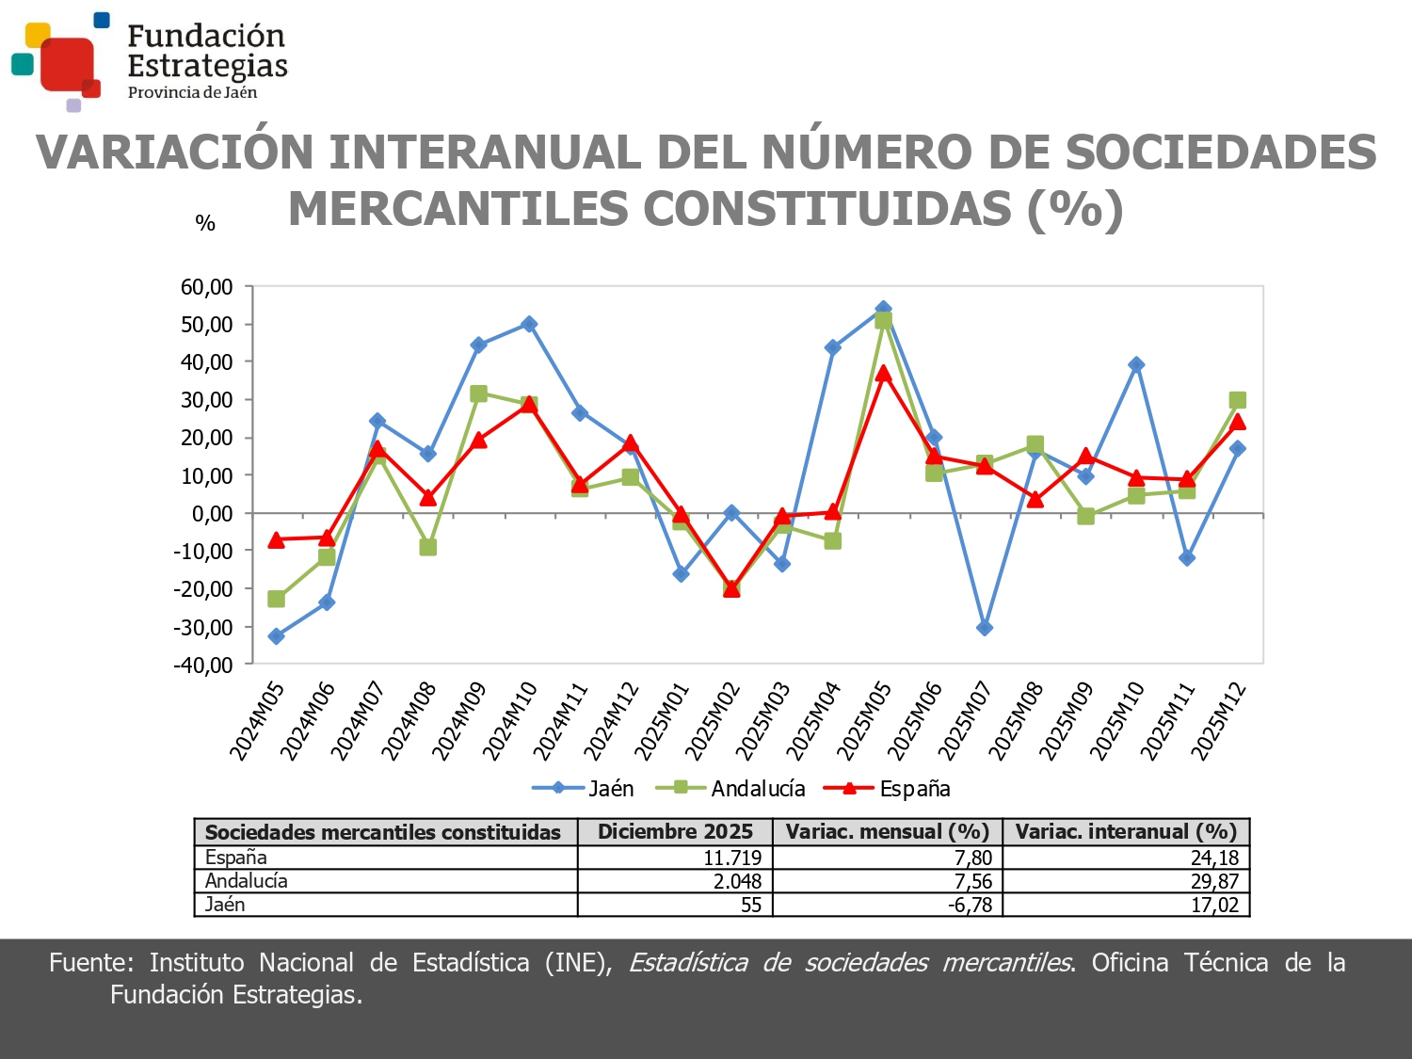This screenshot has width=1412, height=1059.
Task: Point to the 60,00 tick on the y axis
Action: pos(206,287)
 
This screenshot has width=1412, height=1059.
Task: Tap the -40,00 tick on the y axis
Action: pos(202,665)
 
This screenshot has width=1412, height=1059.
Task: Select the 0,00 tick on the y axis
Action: pos(212,514)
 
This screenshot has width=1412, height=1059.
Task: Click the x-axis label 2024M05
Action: pos(257,721)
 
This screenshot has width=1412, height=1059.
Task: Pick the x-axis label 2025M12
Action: pos(1218,721)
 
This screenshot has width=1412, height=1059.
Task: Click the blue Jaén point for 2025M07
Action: pos(985,628)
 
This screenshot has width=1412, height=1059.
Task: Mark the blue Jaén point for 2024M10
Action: pos(529,324)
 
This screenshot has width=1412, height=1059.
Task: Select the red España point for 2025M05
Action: pos(883,374)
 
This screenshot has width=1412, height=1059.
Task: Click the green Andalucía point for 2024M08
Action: pos(428,547)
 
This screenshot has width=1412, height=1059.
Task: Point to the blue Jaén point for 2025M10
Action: pos(1136,365)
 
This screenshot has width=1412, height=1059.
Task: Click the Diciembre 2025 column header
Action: pos(675,832)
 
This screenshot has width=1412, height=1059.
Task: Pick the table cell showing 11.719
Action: pos(731,858)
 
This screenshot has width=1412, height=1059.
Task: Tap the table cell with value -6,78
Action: pos(969,905)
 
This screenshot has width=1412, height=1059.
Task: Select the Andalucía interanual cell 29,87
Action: pos(1214,881)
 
